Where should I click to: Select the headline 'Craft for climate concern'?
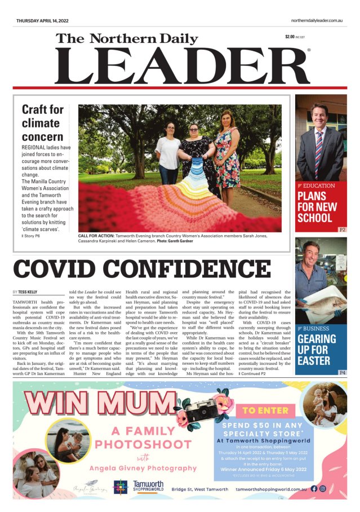(43, 122)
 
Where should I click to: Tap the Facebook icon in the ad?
(314, 488)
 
